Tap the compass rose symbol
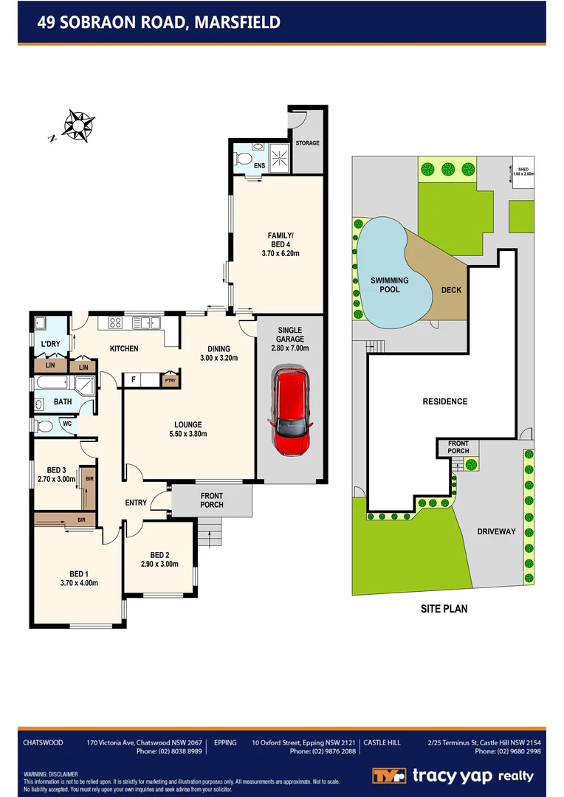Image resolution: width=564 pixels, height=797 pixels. [x=76, y=125]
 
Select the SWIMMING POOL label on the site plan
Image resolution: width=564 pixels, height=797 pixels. [x=389, y=285]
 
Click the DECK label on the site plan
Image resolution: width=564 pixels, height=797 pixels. [x=451, y=290]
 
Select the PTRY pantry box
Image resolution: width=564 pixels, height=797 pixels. [x=171, y=381]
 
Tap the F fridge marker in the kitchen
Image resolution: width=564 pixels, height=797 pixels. [x=134, y=381]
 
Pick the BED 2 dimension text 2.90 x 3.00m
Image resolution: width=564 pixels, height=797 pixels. [x=160, y=565]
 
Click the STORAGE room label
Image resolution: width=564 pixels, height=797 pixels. [x=307, y=143]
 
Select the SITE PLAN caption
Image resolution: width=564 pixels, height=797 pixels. [x=444, y=609]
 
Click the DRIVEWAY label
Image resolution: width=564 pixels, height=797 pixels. [x=495, y=531]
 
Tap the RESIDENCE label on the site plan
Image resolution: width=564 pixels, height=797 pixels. [x=444, y=401]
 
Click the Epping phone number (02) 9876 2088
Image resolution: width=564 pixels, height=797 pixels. [x=323, y=751]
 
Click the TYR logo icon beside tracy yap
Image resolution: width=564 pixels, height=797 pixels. [x=388, y=776]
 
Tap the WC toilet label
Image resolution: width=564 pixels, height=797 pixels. [x=66, y=424]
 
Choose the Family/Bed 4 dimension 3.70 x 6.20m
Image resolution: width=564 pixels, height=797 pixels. [x=280, y=253]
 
